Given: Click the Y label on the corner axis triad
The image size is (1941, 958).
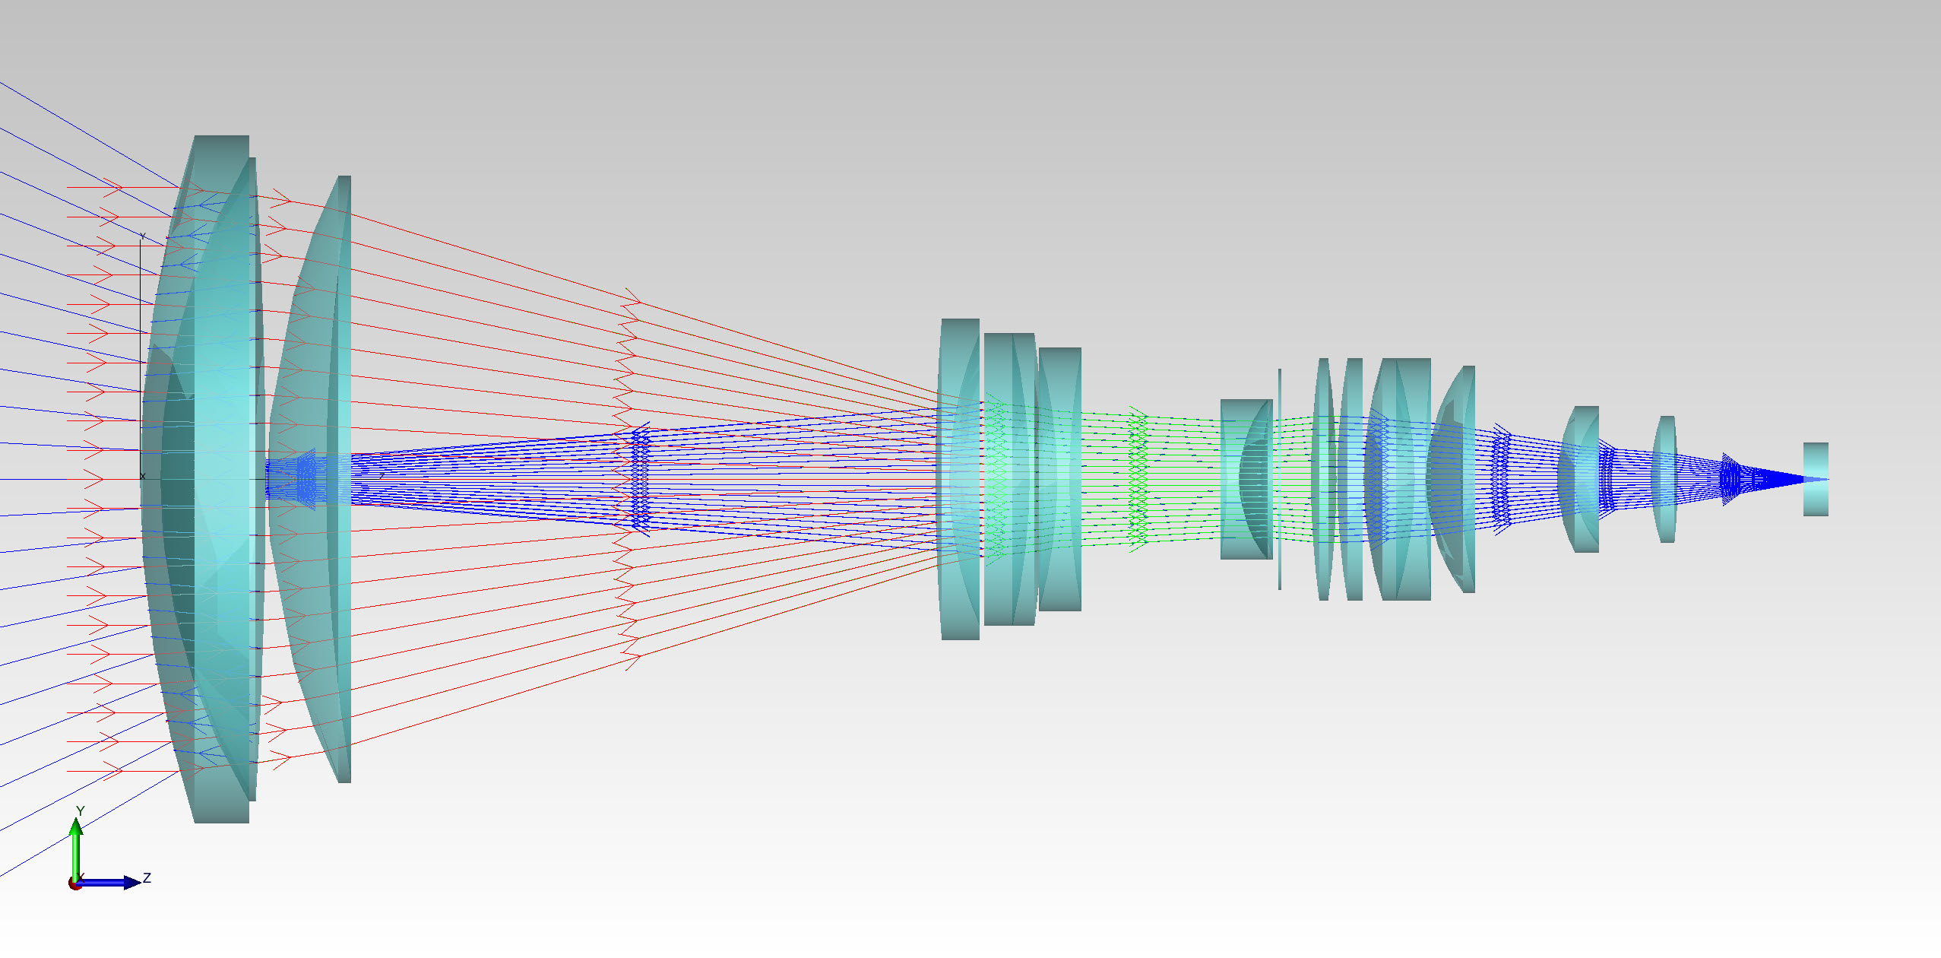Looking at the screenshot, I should click(x=80, y=811).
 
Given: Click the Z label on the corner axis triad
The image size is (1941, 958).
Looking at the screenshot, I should click(x=147, y=878).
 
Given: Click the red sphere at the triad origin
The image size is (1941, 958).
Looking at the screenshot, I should click(x=74, y=883).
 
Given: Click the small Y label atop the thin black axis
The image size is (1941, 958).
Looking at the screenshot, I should click(x=142, y=236).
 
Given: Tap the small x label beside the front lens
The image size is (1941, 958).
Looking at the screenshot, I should click(x=142, y=477).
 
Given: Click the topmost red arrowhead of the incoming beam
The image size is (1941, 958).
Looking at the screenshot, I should click(x=114, y=187).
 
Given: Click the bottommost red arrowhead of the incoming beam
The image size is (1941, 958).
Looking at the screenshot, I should click(x=114, y=772).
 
